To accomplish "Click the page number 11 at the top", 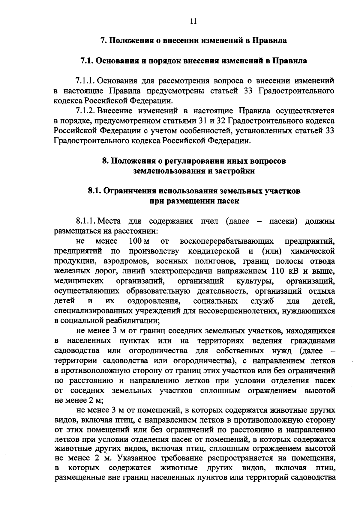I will coord(193,21).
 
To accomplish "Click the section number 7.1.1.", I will coord(85,81).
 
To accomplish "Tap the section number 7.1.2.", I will coord(85,111).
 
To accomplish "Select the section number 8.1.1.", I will coord(85,221).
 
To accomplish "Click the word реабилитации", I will coord(131,321).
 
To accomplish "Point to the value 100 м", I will coord(139,241).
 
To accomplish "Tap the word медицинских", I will coord(79,281).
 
